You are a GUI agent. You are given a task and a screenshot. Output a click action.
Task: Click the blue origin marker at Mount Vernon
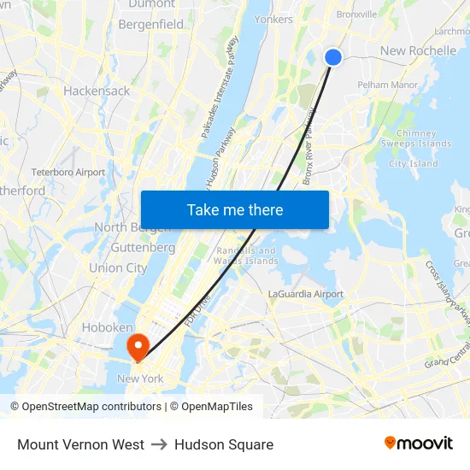tap(333, 57)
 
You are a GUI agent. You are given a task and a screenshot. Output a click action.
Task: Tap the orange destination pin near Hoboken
tap(137, 345)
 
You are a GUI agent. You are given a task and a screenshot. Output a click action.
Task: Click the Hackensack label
tap(97, 91)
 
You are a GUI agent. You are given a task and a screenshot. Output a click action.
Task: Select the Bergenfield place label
tap(151, 25)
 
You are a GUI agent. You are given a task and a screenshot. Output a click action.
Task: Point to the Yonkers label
tap(273, 20)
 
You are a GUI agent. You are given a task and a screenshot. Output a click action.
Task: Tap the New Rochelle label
tap(418, 50)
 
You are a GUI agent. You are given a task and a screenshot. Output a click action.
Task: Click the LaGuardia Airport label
tap(306, 294)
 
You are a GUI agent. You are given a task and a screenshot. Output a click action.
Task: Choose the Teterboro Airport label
tap(68, 172)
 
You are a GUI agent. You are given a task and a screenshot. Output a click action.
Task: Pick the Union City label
tap(118, 267)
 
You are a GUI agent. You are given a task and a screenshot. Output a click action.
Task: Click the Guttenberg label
tap(143, 247)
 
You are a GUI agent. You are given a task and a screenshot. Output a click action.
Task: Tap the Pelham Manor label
tap(387, 85)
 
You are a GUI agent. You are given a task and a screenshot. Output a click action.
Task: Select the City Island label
tap(414, 164)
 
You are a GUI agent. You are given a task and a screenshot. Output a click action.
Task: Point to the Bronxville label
tap(356, 15)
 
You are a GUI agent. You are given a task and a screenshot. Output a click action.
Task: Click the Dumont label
tap(151, 4)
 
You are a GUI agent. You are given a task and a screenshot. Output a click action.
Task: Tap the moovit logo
tap(419, 444)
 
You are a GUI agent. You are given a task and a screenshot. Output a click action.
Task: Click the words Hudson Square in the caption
tap(224, 444)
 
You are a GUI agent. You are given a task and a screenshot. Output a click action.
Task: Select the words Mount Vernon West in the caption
tap(80, 444)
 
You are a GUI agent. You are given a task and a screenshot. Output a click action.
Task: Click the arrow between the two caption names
tap(159, 444)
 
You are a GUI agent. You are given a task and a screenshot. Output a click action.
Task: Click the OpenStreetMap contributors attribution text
tap(88, 407)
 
